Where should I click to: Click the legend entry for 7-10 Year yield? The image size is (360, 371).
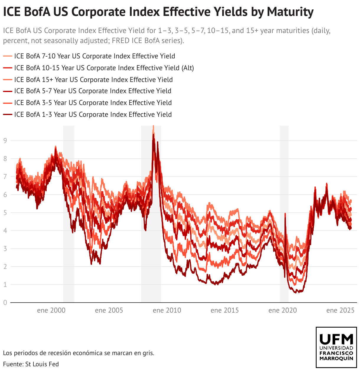click(x=94, y=56)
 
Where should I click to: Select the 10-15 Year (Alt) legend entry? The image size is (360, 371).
click(x=104, y=68)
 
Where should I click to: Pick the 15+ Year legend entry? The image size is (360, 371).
click(x=93, y=80)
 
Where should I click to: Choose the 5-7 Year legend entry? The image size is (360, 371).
click(x=93, y=91)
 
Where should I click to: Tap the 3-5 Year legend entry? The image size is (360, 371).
click(x=93, y=103)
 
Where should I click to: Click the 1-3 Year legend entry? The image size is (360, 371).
click(x=93, y=114)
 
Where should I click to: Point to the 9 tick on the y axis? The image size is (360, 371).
click(x=5, y=141)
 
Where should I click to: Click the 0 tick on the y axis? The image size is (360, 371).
click(x=5, y=303)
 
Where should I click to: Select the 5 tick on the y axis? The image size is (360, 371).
click(x=5, y=213)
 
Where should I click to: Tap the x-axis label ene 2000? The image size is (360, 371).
click(x=51, y=310)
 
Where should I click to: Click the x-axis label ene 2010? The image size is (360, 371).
click(x=167, y=310)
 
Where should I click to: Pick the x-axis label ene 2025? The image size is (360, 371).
click(x=340, y=310)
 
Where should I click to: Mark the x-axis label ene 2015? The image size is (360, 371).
click(x=225, y=310)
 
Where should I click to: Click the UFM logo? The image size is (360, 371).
click(x=336, y=347)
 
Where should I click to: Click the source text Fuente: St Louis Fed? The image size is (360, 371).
click(x=31, y=364)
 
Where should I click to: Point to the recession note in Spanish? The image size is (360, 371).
click(x=78, y=353)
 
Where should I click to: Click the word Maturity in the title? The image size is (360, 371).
click(x=290, y=12)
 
